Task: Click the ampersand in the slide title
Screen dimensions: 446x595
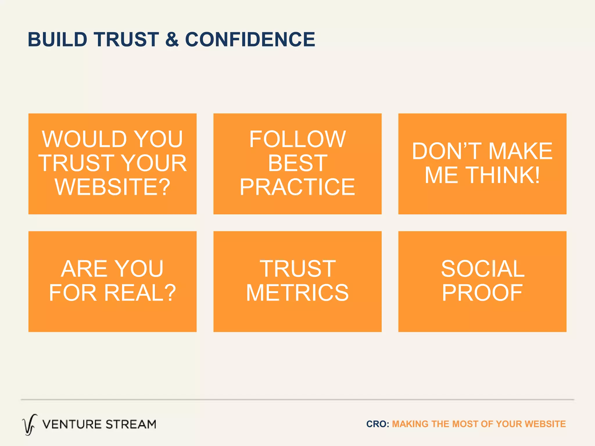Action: tap(172, 39)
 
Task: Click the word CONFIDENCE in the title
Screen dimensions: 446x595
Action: tap(250, 39)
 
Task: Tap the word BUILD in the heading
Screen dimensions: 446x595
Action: tap(58, 39)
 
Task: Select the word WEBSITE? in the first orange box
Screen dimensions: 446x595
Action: tap(112, 187)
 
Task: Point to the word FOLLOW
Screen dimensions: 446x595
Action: tap(297, 139)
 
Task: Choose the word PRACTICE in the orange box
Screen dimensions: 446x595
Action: tap(297, 187)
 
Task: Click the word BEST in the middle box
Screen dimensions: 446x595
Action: tap(297, 163)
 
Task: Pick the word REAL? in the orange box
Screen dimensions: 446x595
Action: tap(140, 293)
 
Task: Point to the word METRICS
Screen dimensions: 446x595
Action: tap(297, 293)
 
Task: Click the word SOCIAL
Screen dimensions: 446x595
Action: tap(483, 269)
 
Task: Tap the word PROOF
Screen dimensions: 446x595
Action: tap(483, 293)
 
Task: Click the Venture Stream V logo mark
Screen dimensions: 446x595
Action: tap(30, 425)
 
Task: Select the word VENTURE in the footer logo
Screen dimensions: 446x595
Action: tap(71, 424)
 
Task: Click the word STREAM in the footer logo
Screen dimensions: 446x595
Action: tap(131, 424)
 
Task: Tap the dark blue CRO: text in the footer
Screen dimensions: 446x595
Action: tap(377, 424)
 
